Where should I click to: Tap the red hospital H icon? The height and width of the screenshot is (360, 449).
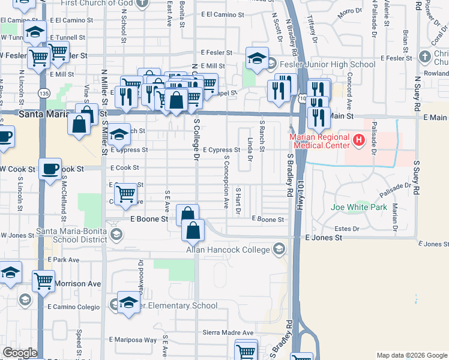click(359, 141)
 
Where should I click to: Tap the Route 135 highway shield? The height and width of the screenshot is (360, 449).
click(43, 93)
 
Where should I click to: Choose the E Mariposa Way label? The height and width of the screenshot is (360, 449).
click(133, 340)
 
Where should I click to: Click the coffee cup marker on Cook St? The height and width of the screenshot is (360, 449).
click(50, 168)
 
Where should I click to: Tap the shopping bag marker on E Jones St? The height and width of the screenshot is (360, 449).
click(193, 230)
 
